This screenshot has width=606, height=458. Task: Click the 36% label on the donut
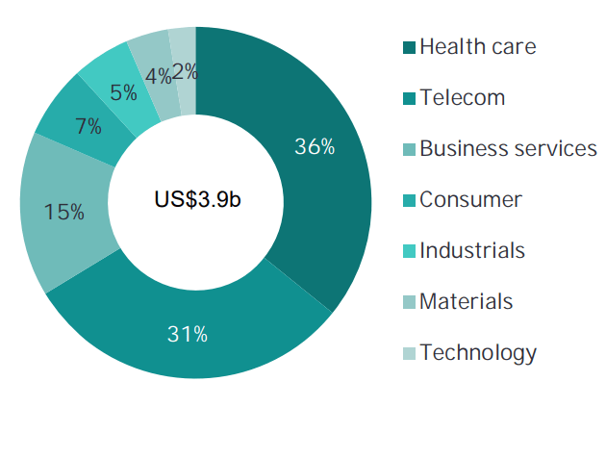pyautogui.click(x=315, y=147)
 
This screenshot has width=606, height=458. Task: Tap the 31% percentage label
pyautogui.click(x=188, y=335)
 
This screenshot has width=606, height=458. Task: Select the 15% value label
pyautogui.click(x=63, y=212)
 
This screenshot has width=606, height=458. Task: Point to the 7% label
pyautogui.click(x=88, y=126)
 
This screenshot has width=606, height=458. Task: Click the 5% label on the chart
pyautogui.click(x=121, y=93)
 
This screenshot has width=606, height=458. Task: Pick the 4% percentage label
pyautogui.click(x=159, y=75)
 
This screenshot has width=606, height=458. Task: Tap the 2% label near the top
pyautogui.click(x=186, y=70)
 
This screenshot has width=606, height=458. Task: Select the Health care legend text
pyautogui.click(x=477, y=46)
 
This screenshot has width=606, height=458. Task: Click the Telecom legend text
pyautogui.click(x=462, y=97)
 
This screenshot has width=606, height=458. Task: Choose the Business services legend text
pyautogui.click(x=508, y=148)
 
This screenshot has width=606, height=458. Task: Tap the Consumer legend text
pyautogui.click(x=470, y=199)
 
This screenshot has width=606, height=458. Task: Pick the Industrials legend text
pyautogui.click(x=472, y=250)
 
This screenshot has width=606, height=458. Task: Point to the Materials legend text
pyautogui.click(x=467, y=301)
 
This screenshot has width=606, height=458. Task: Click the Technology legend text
pyautogui.click(x=478, y=352)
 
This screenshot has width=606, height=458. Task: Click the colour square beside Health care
pyautogui.click(x=408, y=47)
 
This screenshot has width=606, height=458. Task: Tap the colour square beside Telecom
pyautogui.click(x=408, y=98)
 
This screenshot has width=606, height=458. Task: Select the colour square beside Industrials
pyautogui.click(x=408, y=251)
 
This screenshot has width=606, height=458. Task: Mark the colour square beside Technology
pyautogui.click(x=408, y=353)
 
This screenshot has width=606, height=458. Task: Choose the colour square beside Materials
pyautogui.click(x=408, y=302)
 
